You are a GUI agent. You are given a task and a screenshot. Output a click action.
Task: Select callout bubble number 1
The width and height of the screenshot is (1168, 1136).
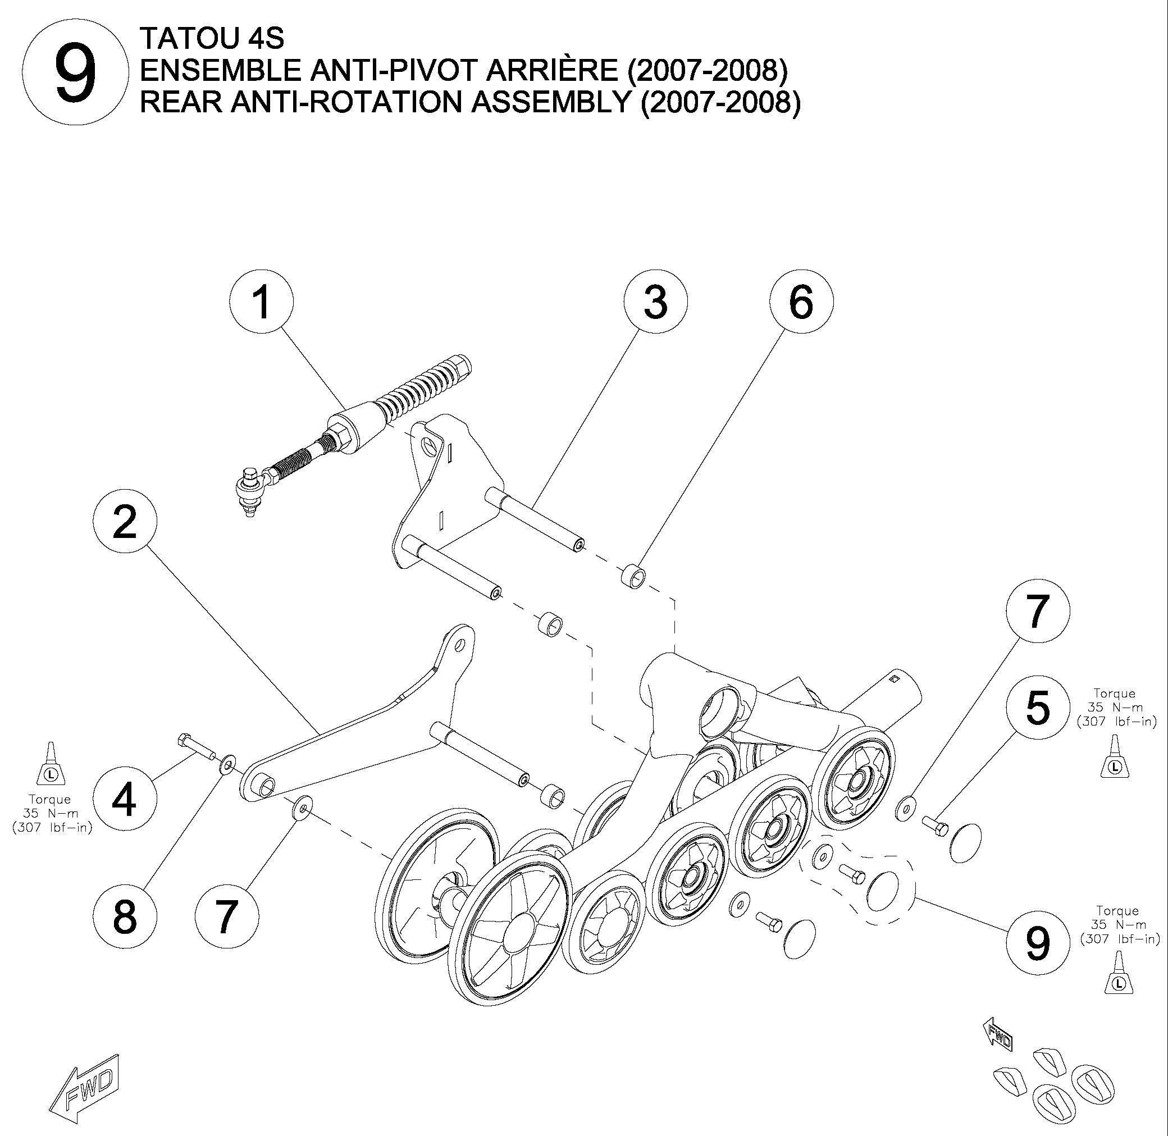point(261,302)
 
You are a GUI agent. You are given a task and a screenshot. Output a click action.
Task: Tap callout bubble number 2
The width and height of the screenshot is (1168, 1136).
point(125,522)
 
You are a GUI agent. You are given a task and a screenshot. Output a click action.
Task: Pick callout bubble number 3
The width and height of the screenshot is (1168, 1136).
point(655,302)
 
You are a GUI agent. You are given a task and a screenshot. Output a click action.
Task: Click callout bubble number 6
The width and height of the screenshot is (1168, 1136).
point(801,302)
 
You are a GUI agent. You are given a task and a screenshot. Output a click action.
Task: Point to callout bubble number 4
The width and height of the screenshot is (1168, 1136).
point(125,800)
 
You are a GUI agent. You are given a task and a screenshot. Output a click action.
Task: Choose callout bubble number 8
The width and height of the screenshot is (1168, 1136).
point(125,916)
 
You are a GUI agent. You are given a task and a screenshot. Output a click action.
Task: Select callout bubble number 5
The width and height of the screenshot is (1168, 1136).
point(1037,708)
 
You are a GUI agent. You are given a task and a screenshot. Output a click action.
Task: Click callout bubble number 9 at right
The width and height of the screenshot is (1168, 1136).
point(1037,943)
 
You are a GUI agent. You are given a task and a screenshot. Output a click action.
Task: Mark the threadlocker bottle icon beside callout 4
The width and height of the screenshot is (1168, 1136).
point(51,764)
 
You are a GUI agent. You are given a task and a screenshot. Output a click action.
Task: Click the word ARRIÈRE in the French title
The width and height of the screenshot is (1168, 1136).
point(553,71)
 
